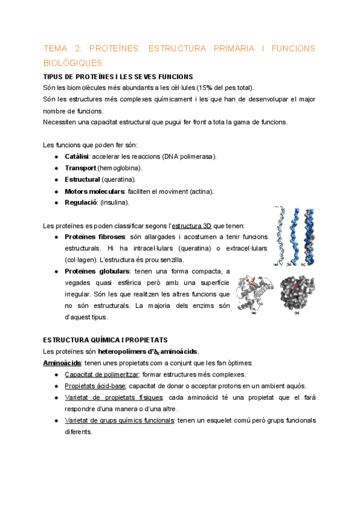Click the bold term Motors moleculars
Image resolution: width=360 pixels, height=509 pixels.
[x=94, y=191]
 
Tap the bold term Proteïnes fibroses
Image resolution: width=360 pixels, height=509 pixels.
[x=95, y=237]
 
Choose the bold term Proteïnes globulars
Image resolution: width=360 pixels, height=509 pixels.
[x=97, y=271]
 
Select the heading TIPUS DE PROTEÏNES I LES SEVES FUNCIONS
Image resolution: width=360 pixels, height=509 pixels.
[x=118, y=76]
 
